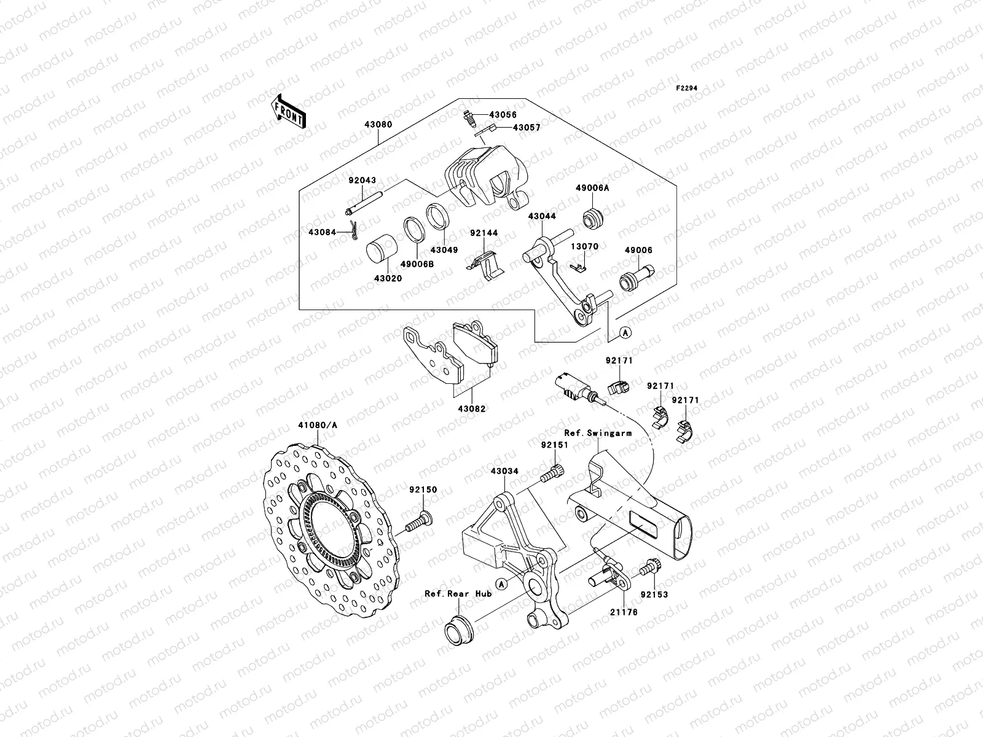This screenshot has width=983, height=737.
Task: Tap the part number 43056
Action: coord(503,115)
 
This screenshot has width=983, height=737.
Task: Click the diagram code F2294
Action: coord(687,88)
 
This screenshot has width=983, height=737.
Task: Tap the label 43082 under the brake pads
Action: coord(471,408)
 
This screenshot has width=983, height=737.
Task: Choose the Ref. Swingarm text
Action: coord(598,433)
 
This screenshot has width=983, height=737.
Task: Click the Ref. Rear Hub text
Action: coord(458,594)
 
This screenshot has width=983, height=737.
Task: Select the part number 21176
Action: coord(621,612)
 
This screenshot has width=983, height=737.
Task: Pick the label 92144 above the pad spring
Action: coord(484,233)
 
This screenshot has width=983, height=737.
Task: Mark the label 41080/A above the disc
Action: coord(318,424)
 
